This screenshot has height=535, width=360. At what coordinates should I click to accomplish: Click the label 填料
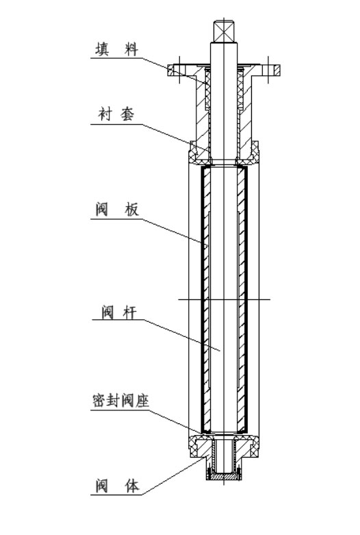[x=116, y=49]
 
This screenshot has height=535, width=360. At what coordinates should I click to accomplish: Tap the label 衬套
[x=116, y=114]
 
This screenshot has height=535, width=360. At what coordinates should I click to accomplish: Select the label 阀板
[x=117, y=209]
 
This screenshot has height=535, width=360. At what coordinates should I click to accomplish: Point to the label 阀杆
[x=119, y=312]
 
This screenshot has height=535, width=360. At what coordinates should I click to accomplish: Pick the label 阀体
[x=117, y=486]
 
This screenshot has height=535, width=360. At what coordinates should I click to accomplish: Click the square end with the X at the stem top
[x=224, y=32]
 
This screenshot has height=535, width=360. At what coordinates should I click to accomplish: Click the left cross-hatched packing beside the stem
[x=207, y=88]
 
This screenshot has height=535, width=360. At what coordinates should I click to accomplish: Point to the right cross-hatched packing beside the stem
[x=240, y=88]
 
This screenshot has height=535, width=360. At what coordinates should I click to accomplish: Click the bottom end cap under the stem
[x=224, y=476]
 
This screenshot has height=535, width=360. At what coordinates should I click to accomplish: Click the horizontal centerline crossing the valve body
[x=224, y=300]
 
